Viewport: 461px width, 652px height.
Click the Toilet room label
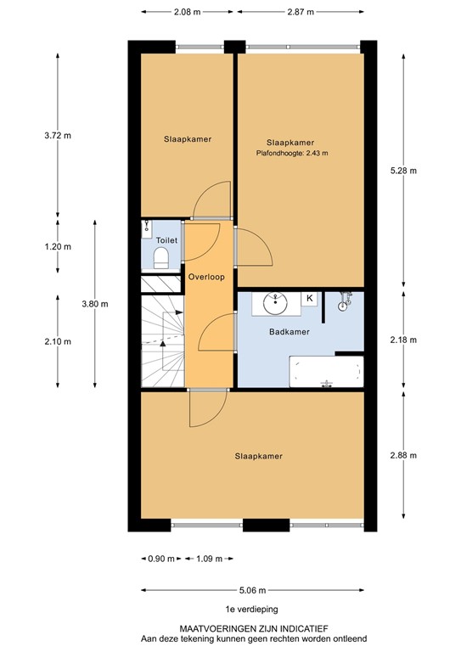[x=160, y=240]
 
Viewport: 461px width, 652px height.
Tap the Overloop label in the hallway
[x=206, y=277]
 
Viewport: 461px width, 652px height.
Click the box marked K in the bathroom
[x=310, y=298]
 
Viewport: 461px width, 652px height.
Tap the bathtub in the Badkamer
[x=326, y=372]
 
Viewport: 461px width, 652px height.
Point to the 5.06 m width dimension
[x=252, y=590]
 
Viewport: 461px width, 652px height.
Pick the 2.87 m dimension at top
[x=301, y=12]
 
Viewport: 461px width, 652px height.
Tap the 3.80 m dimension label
[x=94, y=302]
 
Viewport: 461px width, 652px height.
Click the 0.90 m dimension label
[x=160, y=559]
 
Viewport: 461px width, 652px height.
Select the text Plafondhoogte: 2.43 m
[x=292, y=154]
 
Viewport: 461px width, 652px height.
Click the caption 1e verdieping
[x=251, y=610]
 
